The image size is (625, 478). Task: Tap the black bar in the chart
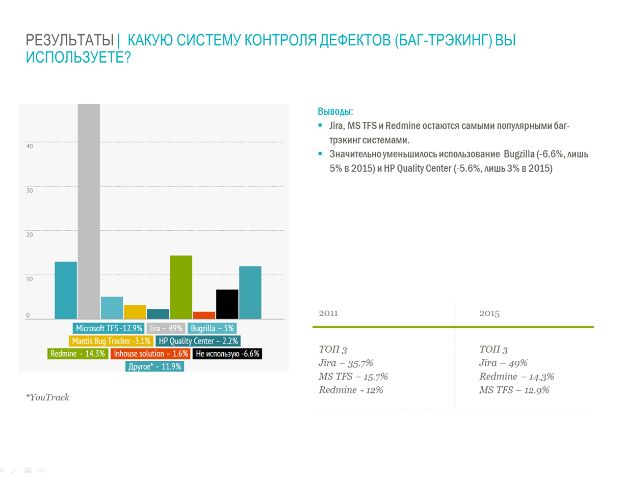(227, 304)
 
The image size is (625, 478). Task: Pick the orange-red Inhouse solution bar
(204, 315)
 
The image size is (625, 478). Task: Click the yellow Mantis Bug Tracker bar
(135, 312)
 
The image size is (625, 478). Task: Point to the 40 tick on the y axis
(29, 146)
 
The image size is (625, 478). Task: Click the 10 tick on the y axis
(29, 279)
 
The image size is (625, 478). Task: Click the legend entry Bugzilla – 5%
(213, 329)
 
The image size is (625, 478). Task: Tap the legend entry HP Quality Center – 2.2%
(198, 341)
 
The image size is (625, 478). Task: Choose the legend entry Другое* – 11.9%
(154, 366)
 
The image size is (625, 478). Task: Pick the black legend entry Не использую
(228, 354)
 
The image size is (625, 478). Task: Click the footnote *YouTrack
(47, 397)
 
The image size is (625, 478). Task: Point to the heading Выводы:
(335, 112)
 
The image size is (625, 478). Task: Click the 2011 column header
(328, 313)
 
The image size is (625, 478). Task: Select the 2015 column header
(489, 313)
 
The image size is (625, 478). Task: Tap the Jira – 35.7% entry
(346, 363)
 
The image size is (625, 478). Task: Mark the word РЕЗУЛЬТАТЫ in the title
(70, 41)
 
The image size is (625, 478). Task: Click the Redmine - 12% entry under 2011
(351, 390)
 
